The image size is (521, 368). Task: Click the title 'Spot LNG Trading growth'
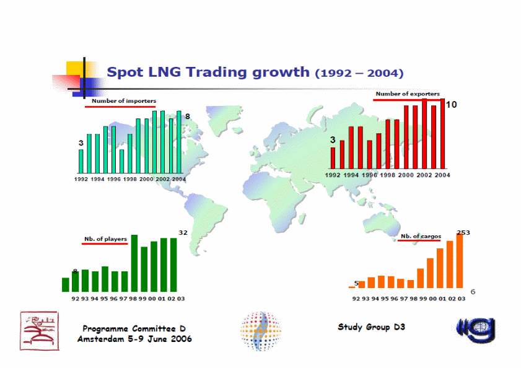coord(208,72)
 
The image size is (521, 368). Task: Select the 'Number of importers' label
coord(124,100)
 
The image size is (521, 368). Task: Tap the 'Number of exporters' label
coord(407,94)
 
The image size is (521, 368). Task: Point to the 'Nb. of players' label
coord(105,239)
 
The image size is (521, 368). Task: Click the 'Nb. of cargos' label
coord(421,236)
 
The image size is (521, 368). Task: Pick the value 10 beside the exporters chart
coord(452,105)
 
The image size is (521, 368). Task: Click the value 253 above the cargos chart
coord(463,232)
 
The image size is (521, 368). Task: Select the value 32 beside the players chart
coord(183,232)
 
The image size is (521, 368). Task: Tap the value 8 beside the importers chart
coord(187,116)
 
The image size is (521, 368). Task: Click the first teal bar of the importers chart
coord(81,160)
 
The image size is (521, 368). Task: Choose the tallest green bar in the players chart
coord(134,263)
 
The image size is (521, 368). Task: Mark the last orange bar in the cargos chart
coord(460,261)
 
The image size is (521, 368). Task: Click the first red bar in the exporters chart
coord(333,158)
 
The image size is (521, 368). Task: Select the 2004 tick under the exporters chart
coord(441,175)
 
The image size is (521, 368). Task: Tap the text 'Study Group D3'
coord(372,327)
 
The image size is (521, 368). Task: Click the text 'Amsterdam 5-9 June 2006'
coord(134,339)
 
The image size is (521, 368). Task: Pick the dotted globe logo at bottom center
coord(260,330)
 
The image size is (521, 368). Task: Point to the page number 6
coord(473,291)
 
